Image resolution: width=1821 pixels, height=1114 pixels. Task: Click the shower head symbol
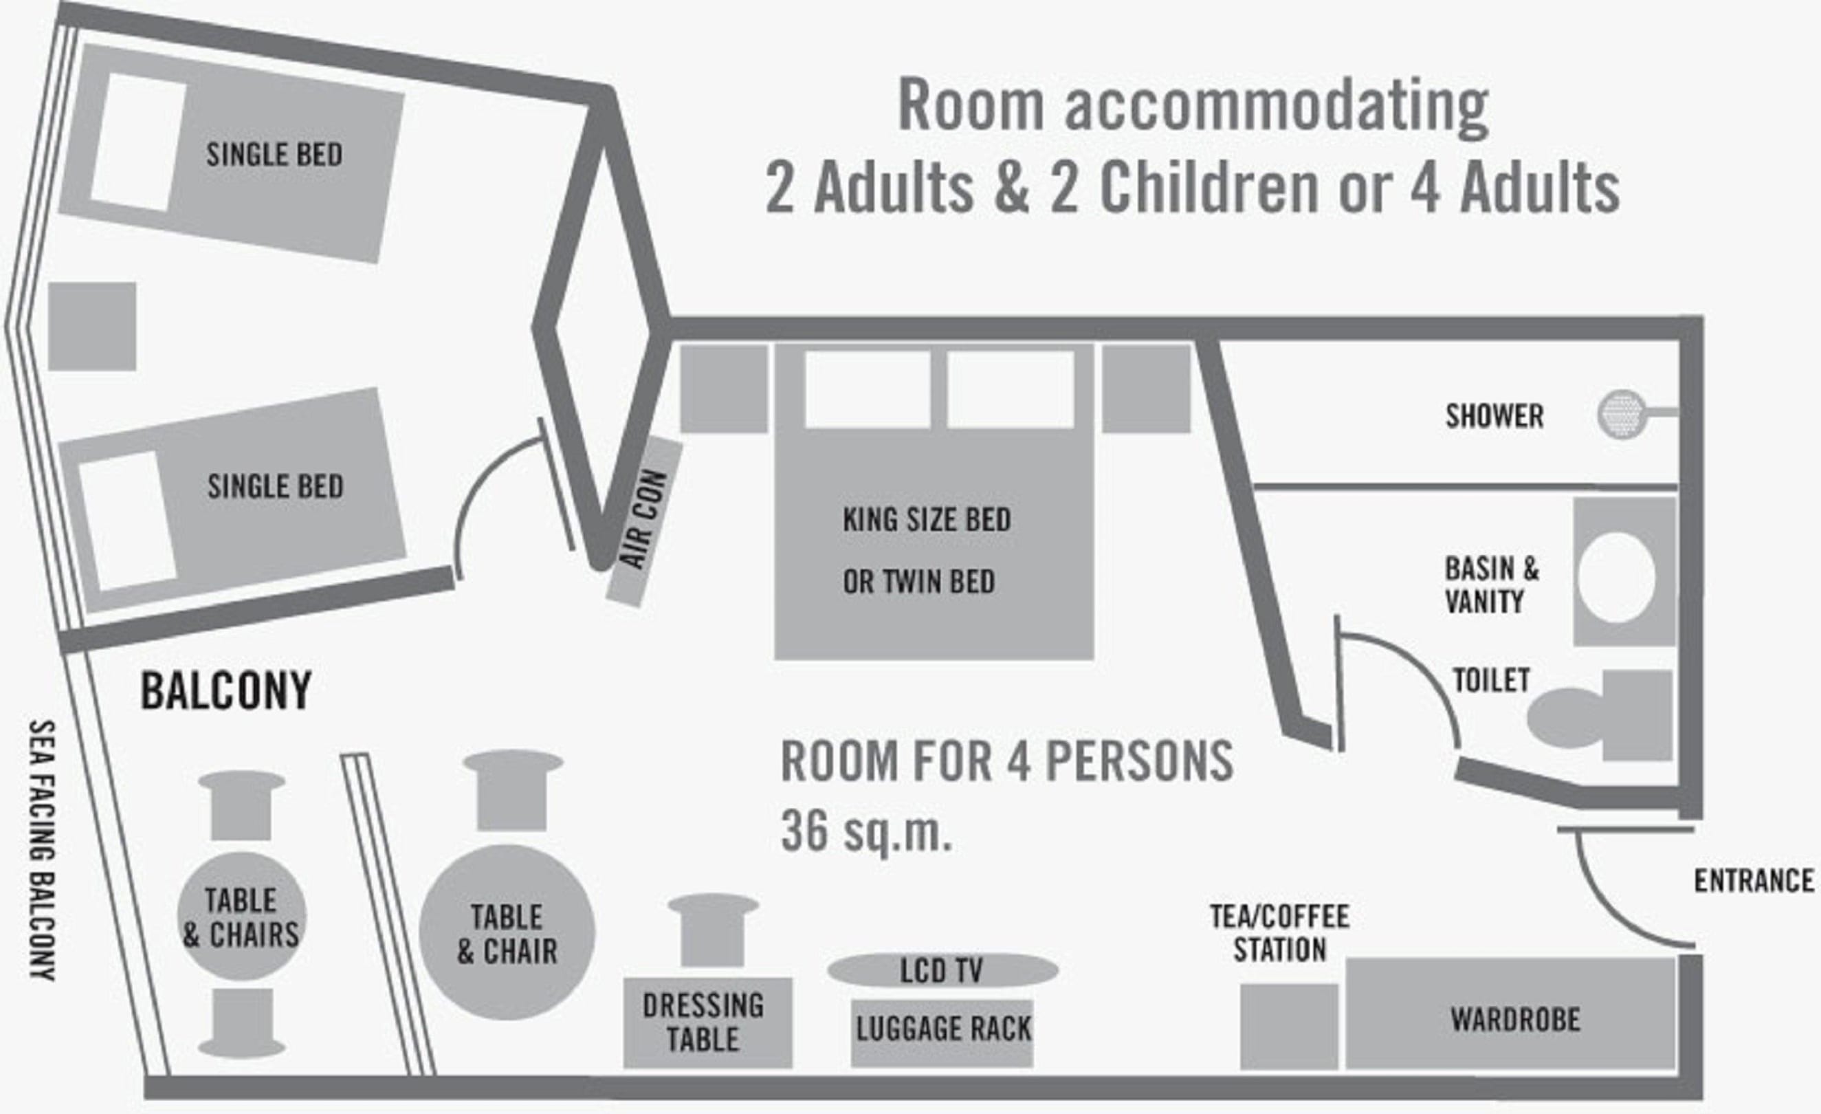coord(1622,413)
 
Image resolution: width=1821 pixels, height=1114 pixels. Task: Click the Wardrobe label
coord(1515,1019)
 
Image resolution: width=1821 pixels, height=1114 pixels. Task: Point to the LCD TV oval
coord(942,970)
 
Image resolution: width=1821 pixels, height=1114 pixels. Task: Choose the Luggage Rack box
coord(942,1033)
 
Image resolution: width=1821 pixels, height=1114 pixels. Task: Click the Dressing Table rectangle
coord(707,1023)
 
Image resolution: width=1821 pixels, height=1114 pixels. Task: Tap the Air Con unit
coord(644,522)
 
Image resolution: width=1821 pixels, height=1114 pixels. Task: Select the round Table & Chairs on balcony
coord(242,917)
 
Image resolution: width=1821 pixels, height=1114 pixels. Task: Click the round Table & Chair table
coord(507,933)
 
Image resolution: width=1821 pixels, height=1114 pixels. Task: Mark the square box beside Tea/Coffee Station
coord(1289,1026)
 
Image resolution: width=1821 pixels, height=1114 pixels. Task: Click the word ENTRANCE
coord(1754,880)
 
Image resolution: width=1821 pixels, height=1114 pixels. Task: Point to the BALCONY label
coord(226,690)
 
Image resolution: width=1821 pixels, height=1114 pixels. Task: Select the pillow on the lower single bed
coord(127,521)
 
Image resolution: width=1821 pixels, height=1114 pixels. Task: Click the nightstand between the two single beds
coord(92,326)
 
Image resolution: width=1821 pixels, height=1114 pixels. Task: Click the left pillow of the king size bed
coord(868,389)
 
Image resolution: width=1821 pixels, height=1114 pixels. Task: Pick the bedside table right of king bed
coord(1146,389)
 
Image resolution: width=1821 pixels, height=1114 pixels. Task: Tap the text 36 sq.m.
coord(865,831)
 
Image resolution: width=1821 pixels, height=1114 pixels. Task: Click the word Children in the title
coord(1209,188)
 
